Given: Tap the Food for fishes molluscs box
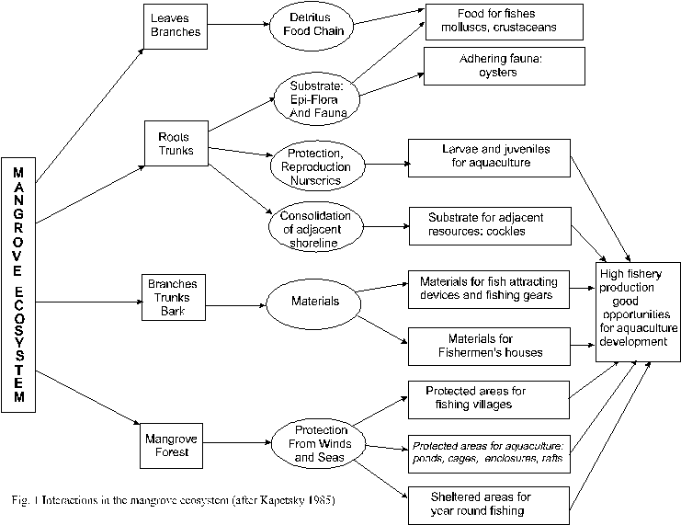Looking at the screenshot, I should (x=505, y=22).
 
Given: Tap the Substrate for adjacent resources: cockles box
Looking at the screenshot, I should (x=490, y=223).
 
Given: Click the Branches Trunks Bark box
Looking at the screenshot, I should (x=173, y=296).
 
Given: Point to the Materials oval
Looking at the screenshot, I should (x=311, y=300).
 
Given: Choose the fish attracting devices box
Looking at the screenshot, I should (x=488, y=288).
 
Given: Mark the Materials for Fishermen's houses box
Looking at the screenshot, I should (x=488, y=346).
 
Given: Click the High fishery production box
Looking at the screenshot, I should (x=636, y=309).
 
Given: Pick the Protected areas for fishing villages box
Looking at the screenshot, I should (x=488, y=396).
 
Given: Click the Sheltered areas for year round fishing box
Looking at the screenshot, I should (x=488, y=503).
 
